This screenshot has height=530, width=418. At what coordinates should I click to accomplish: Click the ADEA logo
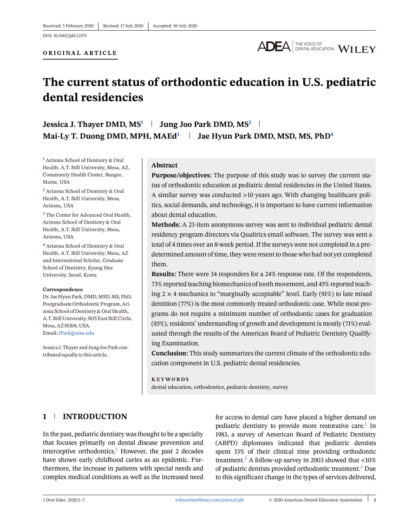pyautogui.click(x=274, y=46)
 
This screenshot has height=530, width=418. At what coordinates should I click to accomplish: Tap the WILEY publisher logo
pyautogui.click(x=357, y=49)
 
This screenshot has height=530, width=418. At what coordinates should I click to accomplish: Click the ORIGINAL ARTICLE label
pyautogui.click(x=80, y=53)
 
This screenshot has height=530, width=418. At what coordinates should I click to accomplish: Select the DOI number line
pyautogui.click(x=65, y=35)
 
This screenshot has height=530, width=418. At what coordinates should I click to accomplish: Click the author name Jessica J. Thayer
pyautogui.click(x=74, y=124)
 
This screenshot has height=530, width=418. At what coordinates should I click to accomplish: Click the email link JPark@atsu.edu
pyautogui.click(x=76, y=333)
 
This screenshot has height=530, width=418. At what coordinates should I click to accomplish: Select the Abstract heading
pyautogui.click(x=164, y=165)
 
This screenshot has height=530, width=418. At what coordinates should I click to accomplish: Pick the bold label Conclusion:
pyautogui.click(x=169, y=353)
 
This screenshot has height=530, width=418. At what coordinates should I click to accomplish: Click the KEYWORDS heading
pyautogui.click(x=170, y=379)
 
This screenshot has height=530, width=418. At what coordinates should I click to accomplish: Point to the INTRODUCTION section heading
pyautogui.click(x=95, y=417)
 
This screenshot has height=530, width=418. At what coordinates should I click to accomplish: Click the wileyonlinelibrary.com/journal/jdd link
pyautogui.click(x=209, y=500)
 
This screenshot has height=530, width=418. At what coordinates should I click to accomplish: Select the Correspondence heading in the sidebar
pyautogui.click(x=63, y=289)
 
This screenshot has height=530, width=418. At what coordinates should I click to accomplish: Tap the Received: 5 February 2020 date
pyautogui.click(x=68, y=26)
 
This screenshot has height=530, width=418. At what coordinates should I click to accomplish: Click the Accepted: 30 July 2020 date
pyautogui.click(x=175, y=26)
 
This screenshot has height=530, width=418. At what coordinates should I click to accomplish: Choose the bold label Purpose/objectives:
pyautogui.click(x=182, y=175)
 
